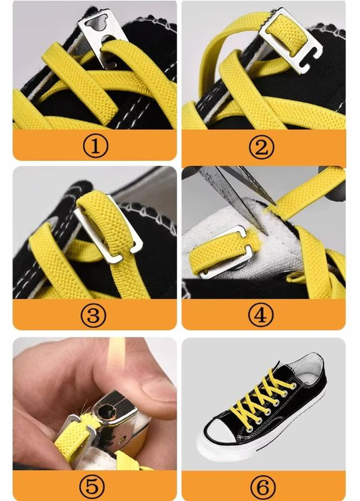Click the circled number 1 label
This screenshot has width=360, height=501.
(95, 146)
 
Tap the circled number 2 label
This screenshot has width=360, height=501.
(262, 147)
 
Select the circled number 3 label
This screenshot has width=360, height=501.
(93, 315)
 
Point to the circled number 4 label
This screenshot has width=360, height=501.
(261, 315)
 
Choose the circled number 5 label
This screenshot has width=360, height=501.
(92, 487)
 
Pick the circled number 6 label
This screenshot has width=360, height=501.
(262, 487)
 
